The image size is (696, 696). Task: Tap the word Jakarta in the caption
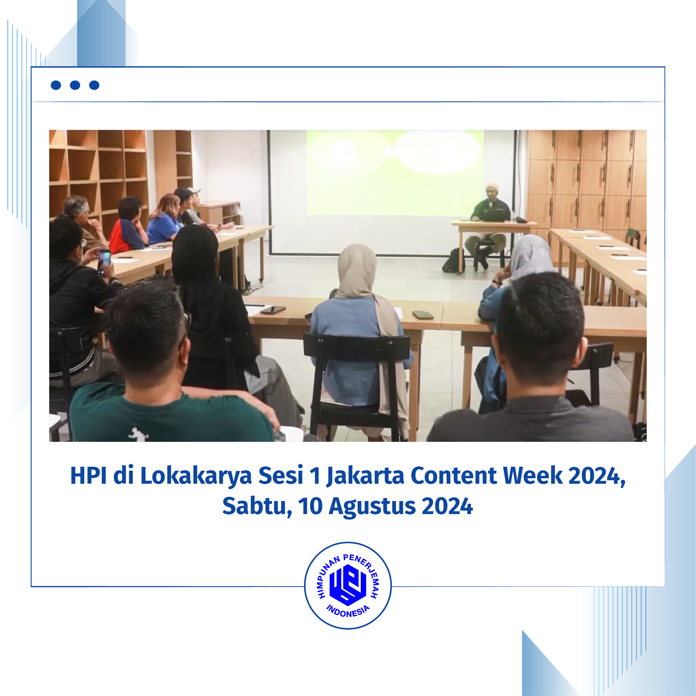(365, 476)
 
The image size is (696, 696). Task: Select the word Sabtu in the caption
(257, 506)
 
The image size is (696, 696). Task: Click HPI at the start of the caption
(89, 476)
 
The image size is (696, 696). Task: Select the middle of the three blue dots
(75, 85)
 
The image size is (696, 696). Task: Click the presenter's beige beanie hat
(492, 187)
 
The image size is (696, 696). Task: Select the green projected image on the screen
(395, 172)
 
